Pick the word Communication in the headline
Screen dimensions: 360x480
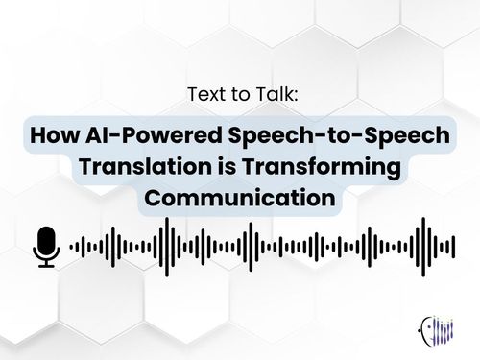(x=239, y=200)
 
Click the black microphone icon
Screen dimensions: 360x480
(x=45, y=246)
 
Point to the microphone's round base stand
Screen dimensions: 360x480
(x=45, y=261)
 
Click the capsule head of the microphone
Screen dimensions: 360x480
(x=45, y=239)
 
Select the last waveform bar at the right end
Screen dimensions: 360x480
(x=452, y=247)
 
